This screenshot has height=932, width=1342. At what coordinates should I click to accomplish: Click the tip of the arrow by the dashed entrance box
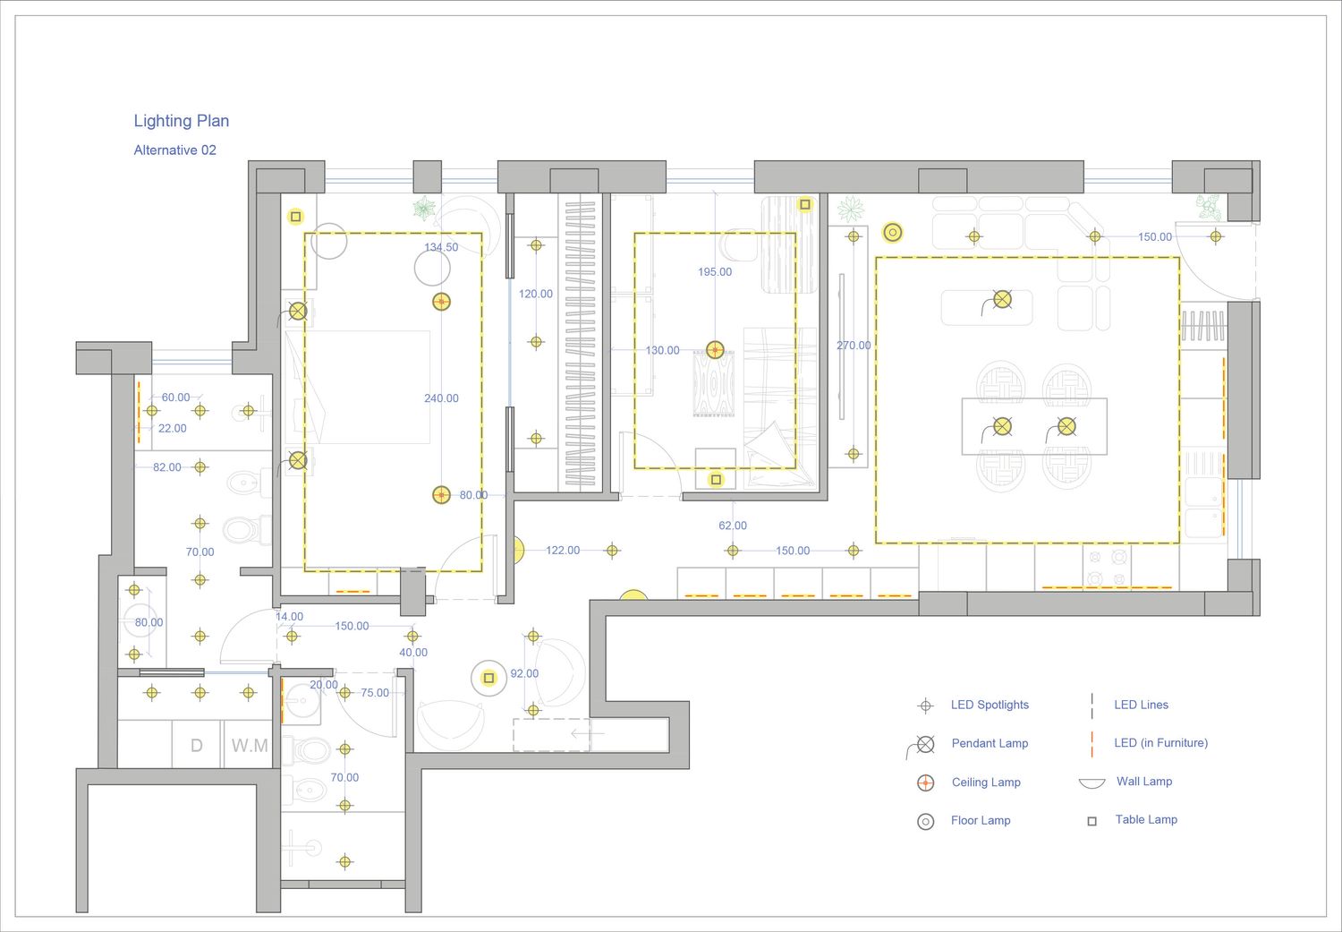[572, 733]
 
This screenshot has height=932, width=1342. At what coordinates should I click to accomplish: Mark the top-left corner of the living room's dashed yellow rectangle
[876, 258]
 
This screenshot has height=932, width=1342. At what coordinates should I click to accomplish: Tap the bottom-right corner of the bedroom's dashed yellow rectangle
[481, 571]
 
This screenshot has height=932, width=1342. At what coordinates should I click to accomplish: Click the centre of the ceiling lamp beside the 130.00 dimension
[715, 349]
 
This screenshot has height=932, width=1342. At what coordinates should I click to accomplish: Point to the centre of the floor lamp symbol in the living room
[892, 232]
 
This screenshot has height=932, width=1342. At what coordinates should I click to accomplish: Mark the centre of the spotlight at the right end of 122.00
[612, 551]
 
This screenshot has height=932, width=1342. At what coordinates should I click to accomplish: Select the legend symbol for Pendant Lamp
[922, 746]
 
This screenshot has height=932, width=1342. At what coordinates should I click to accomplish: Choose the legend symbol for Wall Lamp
[1091, 782]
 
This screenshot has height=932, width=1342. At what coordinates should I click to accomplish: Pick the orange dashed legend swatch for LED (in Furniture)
[1091, 744]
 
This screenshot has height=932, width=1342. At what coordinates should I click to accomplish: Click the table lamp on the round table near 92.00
[488, 678]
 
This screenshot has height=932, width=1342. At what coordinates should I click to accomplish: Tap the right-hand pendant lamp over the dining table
[1066, 427]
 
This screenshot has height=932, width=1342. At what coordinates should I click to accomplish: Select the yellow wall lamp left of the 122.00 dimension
[519, 551]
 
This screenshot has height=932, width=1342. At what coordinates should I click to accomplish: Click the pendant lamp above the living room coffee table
[1002, 299]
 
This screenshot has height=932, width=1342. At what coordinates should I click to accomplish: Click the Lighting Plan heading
[182, 121]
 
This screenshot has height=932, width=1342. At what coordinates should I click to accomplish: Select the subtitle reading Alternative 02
[175, 150]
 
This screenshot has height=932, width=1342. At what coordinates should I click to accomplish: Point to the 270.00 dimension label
[854, 346]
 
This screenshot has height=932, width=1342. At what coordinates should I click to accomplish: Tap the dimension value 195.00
[715, 271]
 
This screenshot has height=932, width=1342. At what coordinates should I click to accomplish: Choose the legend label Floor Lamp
[981, 820]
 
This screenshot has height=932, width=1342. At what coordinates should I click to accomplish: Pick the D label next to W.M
[196, 746]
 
